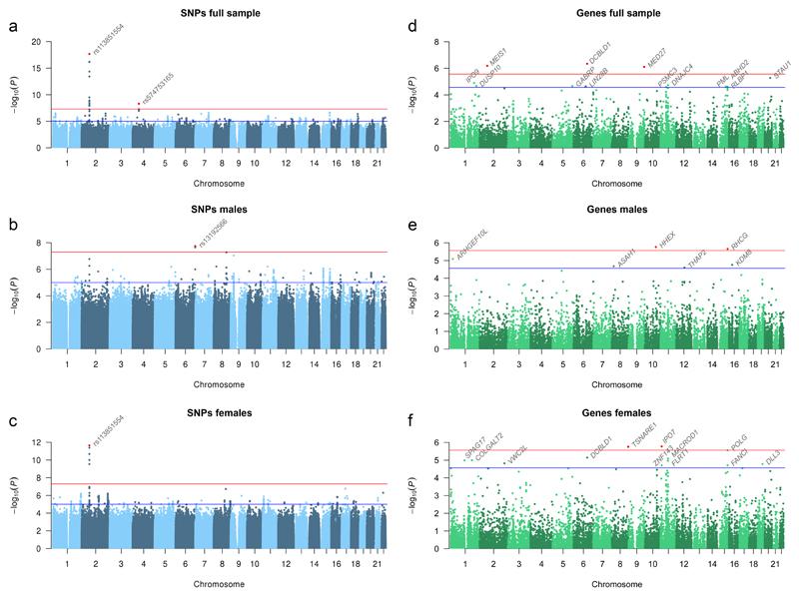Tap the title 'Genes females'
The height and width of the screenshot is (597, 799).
[x=618, y=411]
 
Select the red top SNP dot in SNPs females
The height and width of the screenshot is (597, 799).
[x=89, y=445]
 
